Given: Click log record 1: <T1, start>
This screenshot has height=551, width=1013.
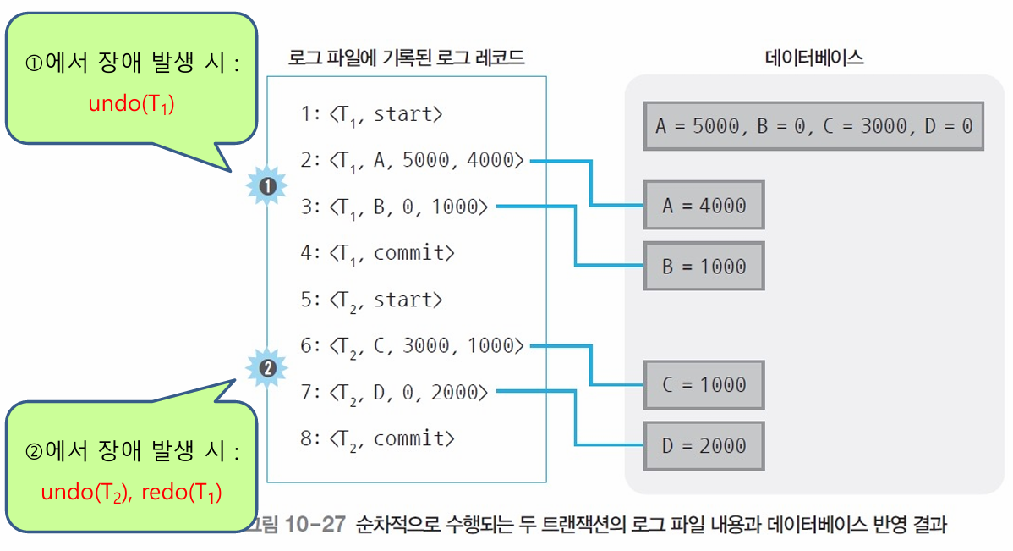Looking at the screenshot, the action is [x=371, y=114].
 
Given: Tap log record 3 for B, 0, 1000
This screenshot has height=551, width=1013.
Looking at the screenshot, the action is [x=394, y=206].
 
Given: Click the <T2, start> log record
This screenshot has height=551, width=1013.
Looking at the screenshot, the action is [x=371, y=300].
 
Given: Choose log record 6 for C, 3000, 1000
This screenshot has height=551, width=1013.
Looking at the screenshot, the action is [x=412, y=345].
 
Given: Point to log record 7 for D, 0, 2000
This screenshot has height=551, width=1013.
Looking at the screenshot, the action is [x=394, y=392].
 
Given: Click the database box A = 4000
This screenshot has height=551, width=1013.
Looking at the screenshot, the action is [x=704, y=205].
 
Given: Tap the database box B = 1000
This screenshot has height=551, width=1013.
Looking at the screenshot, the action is [x=704, y=266].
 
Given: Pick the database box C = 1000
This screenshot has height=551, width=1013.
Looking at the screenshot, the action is [x=704, y=384].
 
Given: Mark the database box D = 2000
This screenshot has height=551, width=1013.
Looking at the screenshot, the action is [x=704, y=445].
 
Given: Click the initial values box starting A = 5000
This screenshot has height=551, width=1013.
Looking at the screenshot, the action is [x=813, y=126].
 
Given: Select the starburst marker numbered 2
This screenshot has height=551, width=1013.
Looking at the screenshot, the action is [x=268, y=368].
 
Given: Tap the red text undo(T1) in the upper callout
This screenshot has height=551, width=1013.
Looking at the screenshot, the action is [x=131, y=104].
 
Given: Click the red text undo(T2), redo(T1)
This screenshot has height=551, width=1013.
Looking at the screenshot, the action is [x=131, y=492].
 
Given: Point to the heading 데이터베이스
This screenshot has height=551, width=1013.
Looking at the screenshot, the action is [x=813, y=58].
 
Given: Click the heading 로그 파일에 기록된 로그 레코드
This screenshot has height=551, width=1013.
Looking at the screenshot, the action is [x=406, y=58].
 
